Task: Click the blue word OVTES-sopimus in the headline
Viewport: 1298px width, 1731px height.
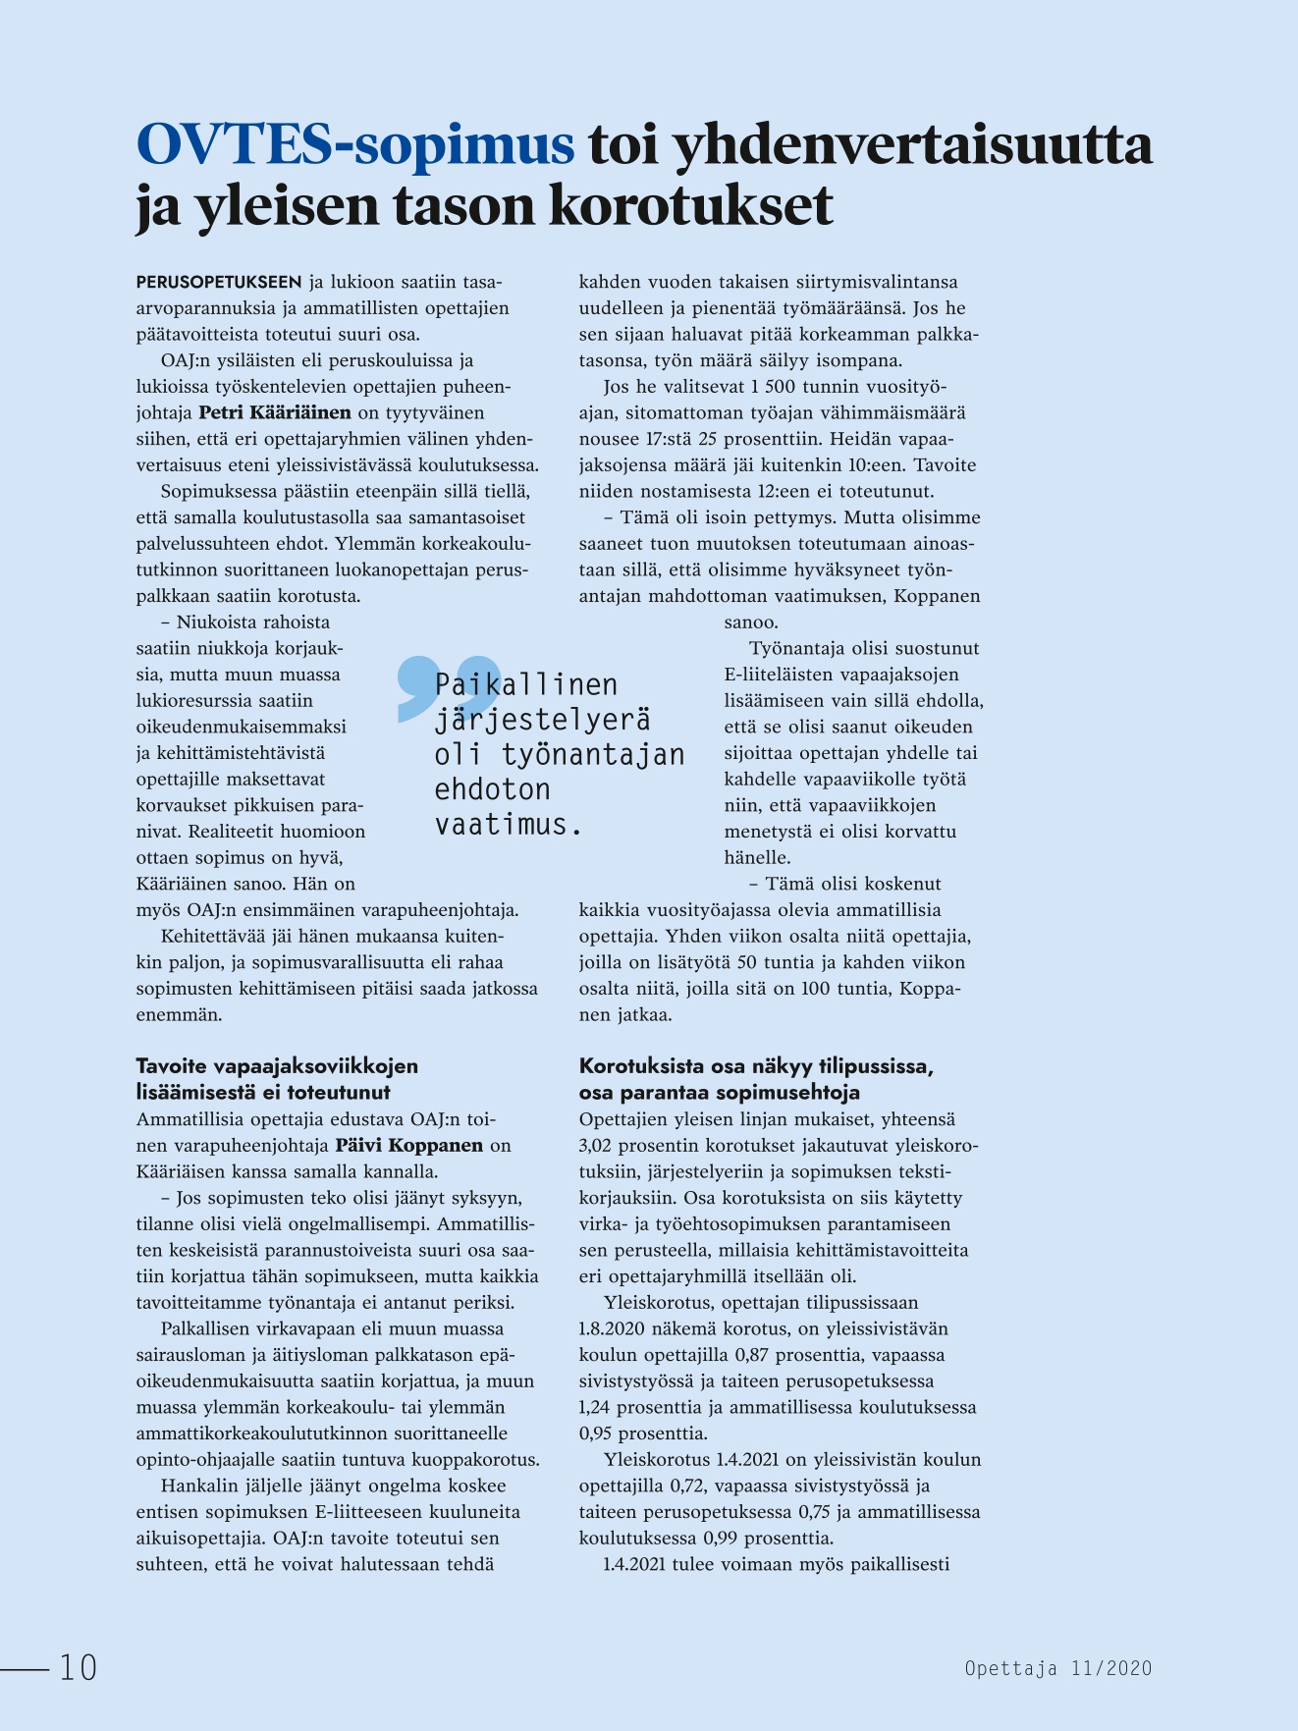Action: tap(354, 144)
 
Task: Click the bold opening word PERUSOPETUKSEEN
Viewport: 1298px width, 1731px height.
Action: tap(219, 283)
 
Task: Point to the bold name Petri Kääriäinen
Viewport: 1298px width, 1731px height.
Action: tap(275, 412)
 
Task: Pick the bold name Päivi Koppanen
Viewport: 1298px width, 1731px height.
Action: tap(408, 1145)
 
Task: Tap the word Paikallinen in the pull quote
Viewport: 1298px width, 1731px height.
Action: tap(526, 684)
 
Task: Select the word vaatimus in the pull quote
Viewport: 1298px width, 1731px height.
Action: tap(503, 824)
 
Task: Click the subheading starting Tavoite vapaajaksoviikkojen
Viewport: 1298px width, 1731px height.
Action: tap(277, 1066)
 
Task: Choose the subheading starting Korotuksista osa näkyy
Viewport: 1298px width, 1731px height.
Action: tap(756, 1066)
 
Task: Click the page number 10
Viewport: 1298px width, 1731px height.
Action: tap(79, 1667)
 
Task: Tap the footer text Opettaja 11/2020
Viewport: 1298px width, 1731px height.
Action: tap(1057, 1668)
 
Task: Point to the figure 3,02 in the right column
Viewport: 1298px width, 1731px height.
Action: tap(599, 1146)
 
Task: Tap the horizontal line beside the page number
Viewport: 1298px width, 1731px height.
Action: tap(25, 1667)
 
